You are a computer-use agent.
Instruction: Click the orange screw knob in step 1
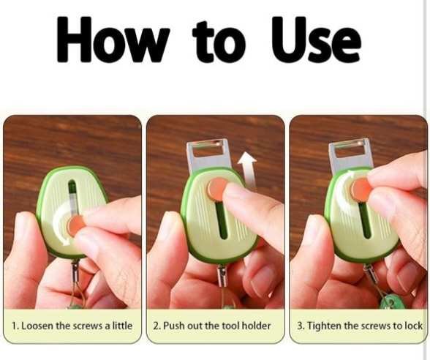pyautogui.click(x=75, y=225)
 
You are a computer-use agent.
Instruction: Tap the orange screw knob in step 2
pyautogui.click(x=218, y=188)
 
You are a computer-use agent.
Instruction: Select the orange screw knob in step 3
pyautogui.click(x=361, y=190)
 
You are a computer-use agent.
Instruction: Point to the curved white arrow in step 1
pyautogui.click(x=60, y=222)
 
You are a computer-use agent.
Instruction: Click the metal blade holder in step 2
pyautogui.click(x=208, y=154)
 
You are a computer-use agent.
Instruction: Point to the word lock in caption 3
pyautogui.click(x=413, y=326)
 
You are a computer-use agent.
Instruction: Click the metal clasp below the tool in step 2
pyautogui.click(x=222, y=275)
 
